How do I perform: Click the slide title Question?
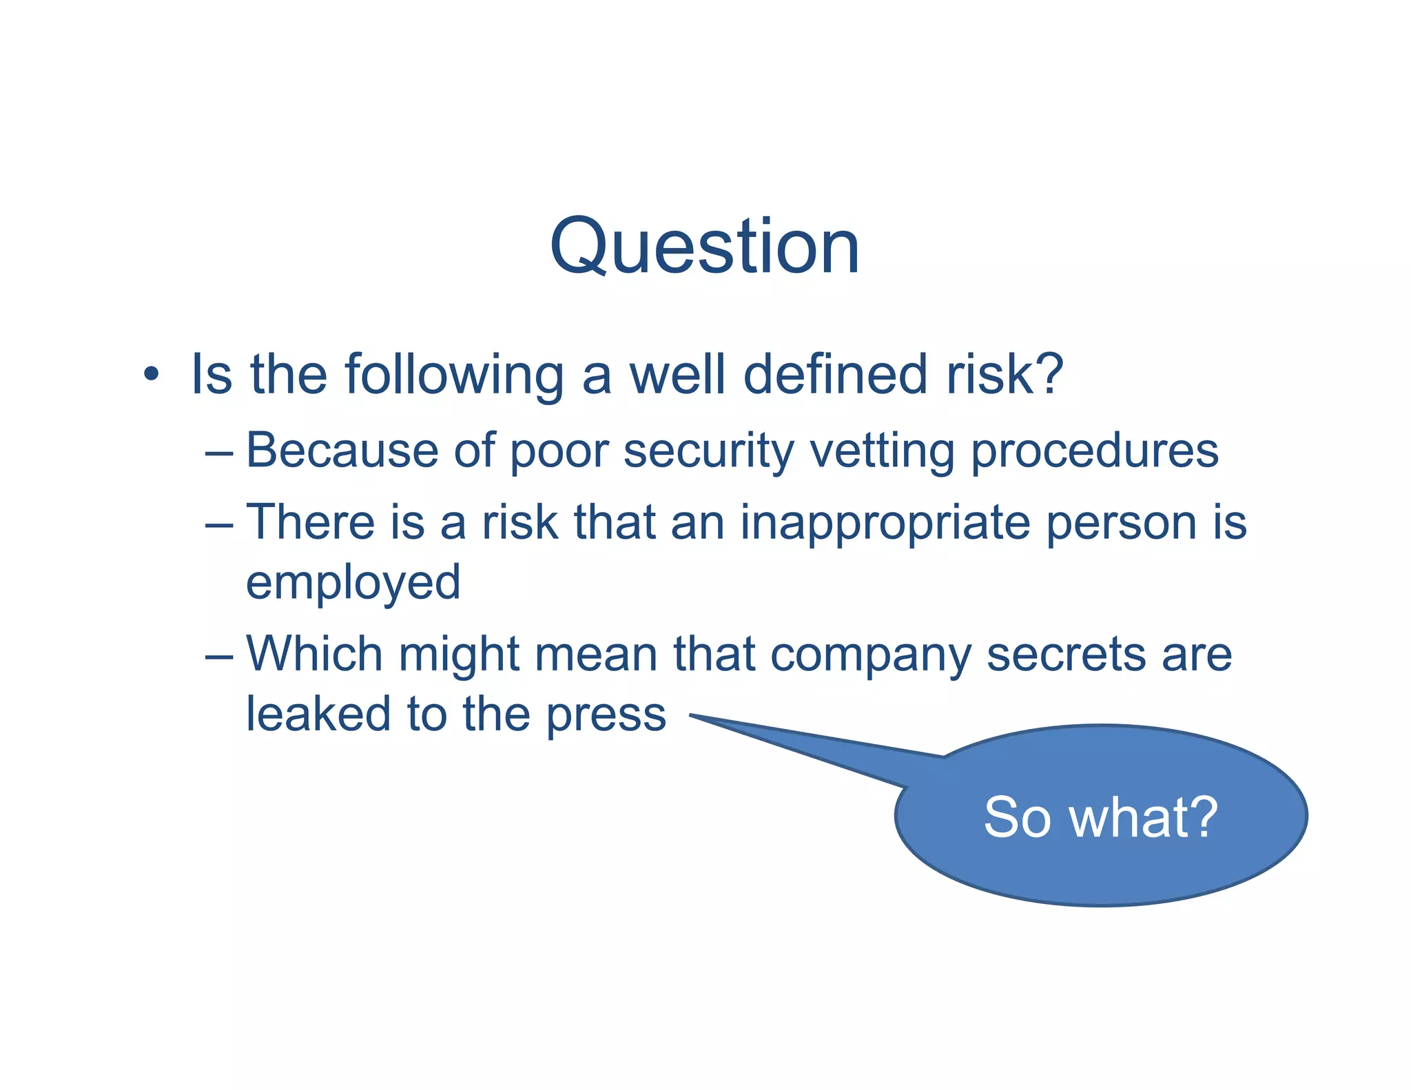704,247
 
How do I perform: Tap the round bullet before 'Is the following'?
152,375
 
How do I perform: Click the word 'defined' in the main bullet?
835,374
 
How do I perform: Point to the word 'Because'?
342,450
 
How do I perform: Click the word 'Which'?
314,653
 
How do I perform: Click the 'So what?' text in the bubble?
1100,817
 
